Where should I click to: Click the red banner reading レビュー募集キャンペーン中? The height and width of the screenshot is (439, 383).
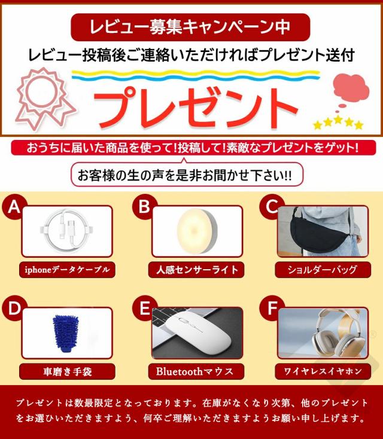[x=190, y=27]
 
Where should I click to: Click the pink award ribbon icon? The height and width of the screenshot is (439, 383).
[x=45, y=97]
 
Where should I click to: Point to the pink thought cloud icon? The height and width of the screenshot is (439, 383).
[x=351, y=90]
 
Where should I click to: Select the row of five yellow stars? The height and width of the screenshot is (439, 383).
[x=339, y=123]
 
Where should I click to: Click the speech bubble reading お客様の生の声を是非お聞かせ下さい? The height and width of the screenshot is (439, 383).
[x=187, y=175]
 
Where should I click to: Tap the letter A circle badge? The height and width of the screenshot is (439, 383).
[x=14, y=208]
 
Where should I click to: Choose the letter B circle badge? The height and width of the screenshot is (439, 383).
[x=144, y=208]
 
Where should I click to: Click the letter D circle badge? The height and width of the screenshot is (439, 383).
[x=14, y=309]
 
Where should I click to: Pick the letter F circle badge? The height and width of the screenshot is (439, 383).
[x=272, y=309]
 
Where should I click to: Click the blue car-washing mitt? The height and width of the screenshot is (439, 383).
[x=66, y=333]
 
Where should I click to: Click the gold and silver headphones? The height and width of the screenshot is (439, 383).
[x=337, y=333]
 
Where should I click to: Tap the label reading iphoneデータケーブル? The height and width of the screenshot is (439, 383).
[x=67, y=270]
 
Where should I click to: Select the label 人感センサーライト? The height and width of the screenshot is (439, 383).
[x=196, y=270]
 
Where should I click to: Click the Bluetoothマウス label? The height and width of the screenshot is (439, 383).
[x=196, y=371]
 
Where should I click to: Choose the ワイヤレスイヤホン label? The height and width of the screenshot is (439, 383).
[x=323, y=371]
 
